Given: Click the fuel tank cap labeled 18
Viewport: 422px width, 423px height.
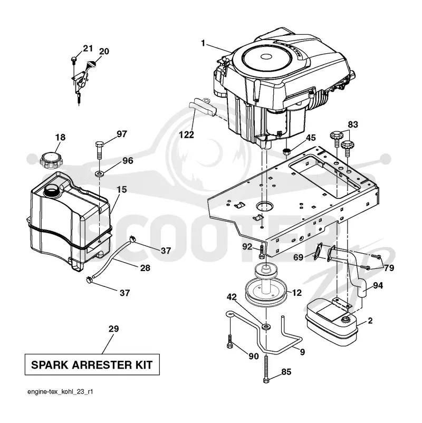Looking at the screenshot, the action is point(52,160).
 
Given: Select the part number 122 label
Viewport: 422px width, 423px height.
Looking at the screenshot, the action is point(186,134).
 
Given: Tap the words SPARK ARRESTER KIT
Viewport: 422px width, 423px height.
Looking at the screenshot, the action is point(92,365).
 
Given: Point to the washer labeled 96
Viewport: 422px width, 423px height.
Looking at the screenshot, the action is point(100,172).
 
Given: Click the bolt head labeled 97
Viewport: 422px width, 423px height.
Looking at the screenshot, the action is point(99,145).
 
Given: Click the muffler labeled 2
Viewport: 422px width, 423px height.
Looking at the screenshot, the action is point(331,322).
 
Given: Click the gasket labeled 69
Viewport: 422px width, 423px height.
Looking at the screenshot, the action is point(319,252).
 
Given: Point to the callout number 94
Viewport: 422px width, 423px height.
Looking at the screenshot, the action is point(378,285).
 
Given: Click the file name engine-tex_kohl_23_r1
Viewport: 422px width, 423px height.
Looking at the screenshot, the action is point(60,392).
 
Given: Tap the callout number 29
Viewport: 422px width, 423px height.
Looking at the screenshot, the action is point(113,329).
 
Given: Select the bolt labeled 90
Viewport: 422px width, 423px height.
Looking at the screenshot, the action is point(230,341).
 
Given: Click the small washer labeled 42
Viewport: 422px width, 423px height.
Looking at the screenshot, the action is point(266,327).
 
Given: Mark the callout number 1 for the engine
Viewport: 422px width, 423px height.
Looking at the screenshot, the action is point(203,43).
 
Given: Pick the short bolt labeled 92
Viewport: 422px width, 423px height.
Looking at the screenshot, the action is point(262,252).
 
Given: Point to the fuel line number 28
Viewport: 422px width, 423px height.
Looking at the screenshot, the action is point(145,268).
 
